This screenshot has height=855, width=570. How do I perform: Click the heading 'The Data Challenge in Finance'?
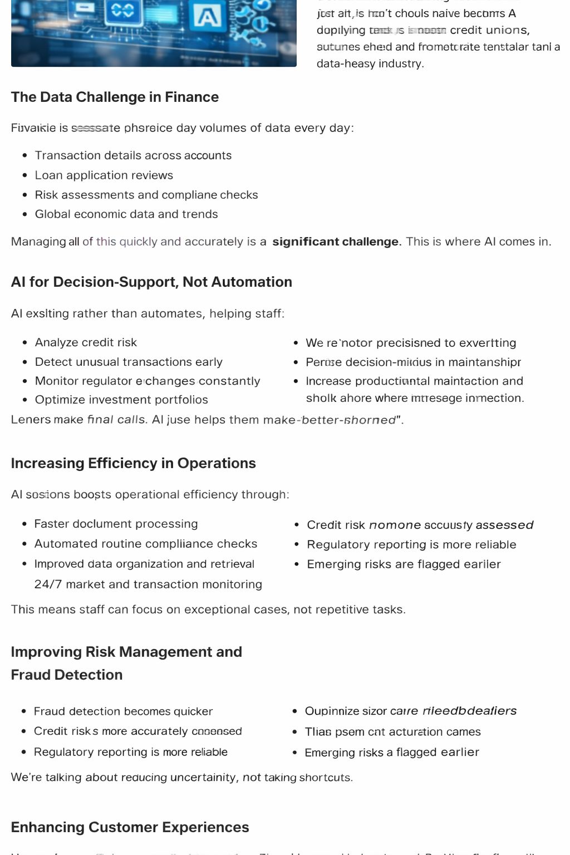(x=115, y=97)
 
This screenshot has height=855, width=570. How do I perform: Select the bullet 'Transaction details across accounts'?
(x=133, y=155)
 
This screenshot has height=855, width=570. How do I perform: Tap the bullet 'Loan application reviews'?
(x=104, y=175)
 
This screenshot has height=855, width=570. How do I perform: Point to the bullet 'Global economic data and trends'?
(x=126, y=214)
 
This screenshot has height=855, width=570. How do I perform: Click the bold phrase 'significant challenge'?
(x=335, y=242)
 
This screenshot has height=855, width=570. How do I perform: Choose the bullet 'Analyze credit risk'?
(x=86, y=342)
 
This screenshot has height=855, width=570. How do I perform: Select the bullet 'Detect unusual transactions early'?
(x=129, y=362)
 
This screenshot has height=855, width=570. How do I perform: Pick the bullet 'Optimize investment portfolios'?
(x=121, y=400)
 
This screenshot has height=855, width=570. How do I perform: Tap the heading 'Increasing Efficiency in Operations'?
(x=133, y=463)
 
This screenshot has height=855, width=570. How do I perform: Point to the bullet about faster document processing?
(x=116, y=524)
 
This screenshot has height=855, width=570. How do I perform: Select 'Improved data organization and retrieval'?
(x=144, y=564)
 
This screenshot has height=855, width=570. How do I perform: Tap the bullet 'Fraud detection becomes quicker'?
(x=123, y=711)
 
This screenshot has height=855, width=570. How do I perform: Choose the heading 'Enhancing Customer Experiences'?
(x=130, y=827)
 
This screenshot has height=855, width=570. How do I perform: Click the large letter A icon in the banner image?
(x=207, y=16)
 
